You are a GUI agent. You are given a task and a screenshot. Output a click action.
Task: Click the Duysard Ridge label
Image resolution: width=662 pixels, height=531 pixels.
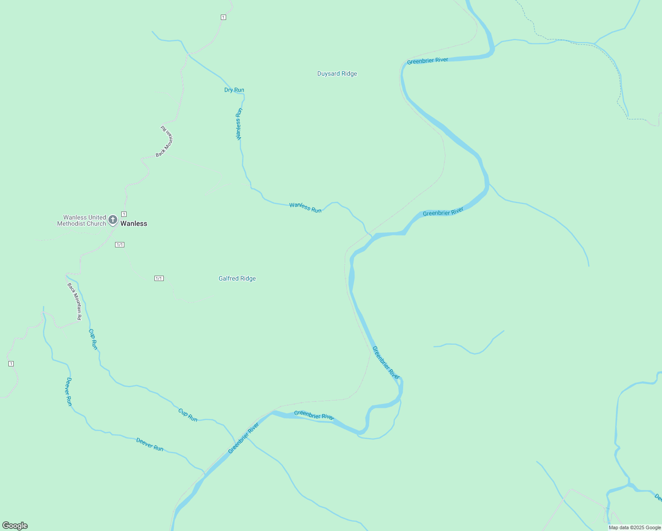(x=337, y=74)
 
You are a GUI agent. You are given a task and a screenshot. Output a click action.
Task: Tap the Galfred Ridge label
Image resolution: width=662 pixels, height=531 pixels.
(x=237, y=279)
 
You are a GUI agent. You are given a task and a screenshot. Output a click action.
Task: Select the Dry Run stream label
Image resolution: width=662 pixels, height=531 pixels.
(x=234, y=90)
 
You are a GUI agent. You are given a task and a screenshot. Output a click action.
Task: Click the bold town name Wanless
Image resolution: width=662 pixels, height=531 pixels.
(x=134, y=224)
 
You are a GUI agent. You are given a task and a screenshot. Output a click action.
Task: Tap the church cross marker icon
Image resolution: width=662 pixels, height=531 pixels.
(x=113, y=219)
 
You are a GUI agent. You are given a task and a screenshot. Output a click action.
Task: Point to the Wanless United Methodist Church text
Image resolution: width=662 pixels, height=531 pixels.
(x=82, y=221)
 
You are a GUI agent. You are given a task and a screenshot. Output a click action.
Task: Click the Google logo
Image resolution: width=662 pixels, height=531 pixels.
(x=15, y=526)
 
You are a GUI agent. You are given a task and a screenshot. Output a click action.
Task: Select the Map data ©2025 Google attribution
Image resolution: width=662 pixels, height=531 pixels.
(x=635, y=527)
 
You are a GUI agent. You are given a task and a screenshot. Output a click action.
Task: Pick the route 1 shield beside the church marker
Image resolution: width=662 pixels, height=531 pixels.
(x=124, y=214)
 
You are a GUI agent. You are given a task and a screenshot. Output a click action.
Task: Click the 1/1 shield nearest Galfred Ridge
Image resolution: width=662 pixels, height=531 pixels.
(x=159, y=278)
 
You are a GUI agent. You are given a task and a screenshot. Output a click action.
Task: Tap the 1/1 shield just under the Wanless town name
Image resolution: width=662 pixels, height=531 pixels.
(x=119, y=245)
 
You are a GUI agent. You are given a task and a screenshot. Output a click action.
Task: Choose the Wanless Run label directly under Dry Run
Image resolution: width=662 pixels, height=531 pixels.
(x=239, y=124)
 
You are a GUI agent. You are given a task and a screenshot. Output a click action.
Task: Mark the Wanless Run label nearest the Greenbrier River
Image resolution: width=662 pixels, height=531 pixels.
(x=305, y=208)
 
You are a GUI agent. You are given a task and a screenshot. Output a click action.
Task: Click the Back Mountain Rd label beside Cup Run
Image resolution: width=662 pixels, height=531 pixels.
(x=74, y=301)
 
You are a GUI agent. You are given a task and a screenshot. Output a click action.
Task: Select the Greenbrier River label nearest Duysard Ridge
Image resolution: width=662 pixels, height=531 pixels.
(x=427, y=61)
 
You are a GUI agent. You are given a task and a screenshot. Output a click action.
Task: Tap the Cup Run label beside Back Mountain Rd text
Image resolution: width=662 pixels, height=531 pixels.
(x=93, y=339)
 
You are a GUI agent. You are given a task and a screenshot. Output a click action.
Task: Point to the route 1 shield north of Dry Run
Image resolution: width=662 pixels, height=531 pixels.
(x=223, y=17)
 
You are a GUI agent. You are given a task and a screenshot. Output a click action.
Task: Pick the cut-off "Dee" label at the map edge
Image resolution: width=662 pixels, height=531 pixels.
(x=658, y=498)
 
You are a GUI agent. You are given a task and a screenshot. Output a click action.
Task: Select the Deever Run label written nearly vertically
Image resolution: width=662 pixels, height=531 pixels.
(x=69, y=392)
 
